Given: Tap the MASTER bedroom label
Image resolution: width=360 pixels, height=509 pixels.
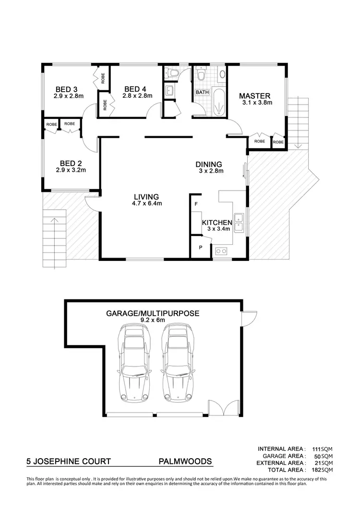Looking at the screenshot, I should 254,95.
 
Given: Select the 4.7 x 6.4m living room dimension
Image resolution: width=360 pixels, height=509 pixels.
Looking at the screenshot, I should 146,203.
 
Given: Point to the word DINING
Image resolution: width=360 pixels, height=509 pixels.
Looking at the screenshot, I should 208,164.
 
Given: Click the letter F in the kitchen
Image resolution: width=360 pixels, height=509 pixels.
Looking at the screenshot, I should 196,204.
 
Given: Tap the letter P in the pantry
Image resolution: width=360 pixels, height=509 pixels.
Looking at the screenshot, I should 201,248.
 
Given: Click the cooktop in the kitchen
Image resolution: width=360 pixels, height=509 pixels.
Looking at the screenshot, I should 221,250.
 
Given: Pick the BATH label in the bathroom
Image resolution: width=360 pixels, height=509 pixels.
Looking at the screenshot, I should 201,92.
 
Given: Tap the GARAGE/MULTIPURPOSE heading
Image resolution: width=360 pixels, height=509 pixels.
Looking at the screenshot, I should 153,314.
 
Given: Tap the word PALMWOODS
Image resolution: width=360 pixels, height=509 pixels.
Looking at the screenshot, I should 185,462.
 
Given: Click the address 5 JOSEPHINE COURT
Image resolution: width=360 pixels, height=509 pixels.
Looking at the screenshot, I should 69,462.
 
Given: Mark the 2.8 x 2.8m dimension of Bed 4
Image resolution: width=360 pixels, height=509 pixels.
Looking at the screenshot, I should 137,95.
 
